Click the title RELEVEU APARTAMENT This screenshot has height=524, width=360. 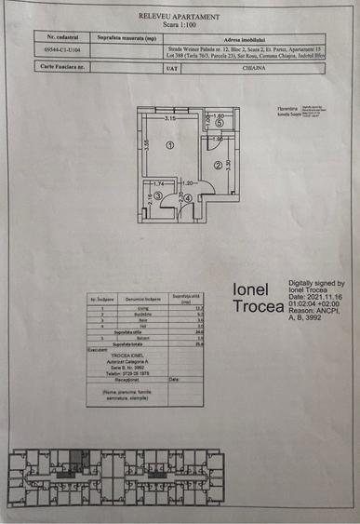point(179,17)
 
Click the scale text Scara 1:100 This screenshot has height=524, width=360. point(179,25)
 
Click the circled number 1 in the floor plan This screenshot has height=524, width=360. point(170,146)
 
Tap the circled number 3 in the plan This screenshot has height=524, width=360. point(158,196)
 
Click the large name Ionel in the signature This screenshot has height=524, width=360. point(251,289)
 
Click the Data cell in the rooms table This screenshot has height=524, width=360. point(175,380)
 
